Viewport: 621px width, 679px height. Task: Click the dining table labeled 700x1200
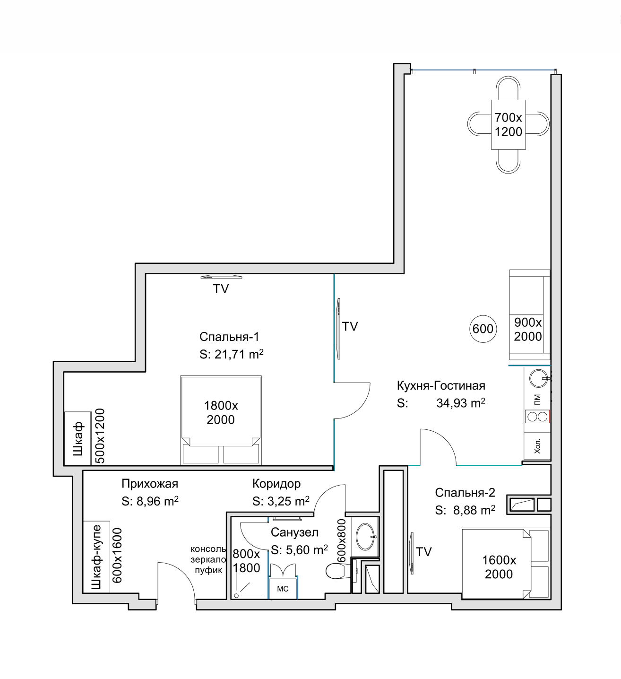tap(508, 124)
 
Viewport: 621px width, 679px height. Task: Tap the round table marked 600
tap(483, 329)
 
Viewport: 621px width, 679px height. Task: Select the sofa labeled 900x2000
tap(529, 315)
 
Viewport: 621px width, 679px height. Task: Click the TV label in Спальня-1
tap(221, 289)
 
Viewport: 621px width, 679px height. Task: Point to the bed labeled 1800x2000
tap(221, 420)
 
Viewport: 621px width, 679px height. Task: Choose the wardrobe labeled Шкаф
tap(78, 438)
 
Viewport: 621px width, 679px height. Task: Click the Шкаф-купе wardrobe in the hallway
tap(96, 557)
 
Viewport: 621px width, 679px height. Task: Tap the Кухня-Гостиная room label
tap(441, 385)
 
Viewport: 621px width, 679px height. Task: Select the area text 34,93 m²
tap(461, 403)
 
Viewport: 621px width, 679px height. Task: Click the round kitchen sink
tap(538, 378)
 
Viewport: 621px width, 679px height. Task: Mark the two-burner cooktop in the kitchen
tap(537, 417)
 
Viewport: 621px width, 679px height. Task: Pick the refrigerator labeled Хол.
tap(537, 446)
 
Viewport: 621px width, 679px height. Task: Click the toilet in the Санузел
tap(338, 571)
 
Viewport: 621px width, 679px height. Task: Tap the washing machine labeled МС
tap(283, 589)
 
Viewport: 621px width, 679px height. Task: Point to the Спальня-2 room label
tap(465, 493)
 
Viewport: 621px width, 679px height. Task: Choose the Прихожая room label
tap(150, 484)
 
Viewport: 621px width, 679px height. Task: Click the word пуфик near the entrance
tap(208, 570)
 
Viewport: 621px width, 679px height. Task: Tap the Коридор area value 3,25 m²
tap(288, 501)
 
